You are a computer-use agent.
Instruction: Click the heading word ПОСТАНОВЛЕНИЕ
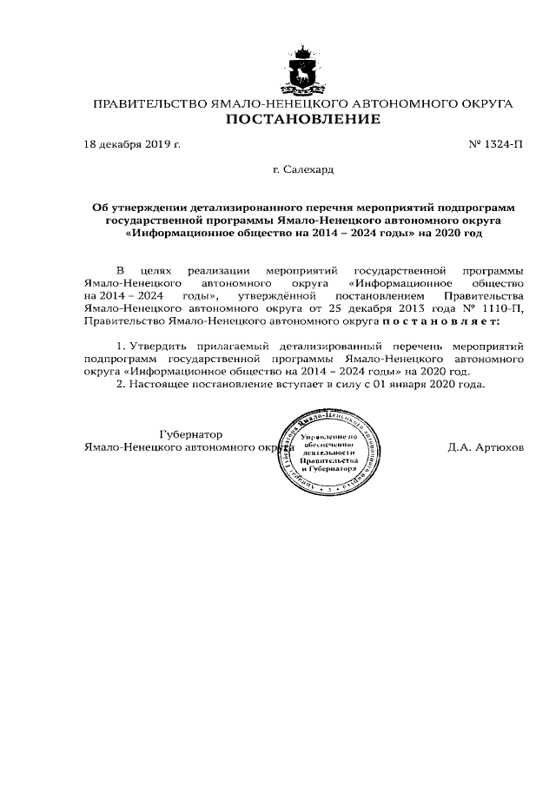tap(303, 120)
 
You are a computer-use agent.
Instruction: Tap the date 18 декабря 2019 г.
tap(132, 142)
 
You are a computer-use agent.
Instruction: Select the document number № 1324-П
tap(496, 142)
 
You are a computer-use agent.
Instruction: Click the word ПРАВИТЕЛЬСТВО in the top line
tap(149, 104)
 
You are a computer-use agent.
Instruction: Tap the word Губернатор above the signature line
tap(190, 434)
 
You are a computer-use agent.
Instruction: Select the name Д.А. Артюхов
tap(486, 447)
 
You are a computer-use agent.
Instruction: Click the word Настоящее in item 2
tap(158, 383)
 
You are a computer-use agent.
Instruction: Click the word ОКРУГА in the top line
tap(484, 104)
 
